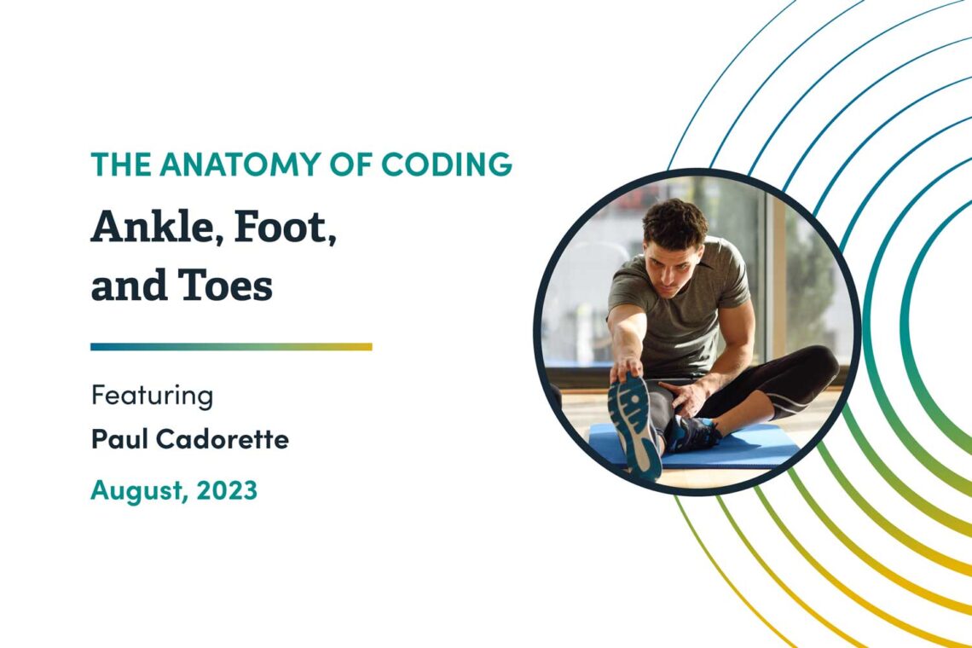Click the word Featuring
pos(152,396)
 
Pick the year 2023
pos(228,490)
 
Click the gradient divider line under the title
pos(231,347)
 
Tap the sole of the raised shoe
pos(634,422)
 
